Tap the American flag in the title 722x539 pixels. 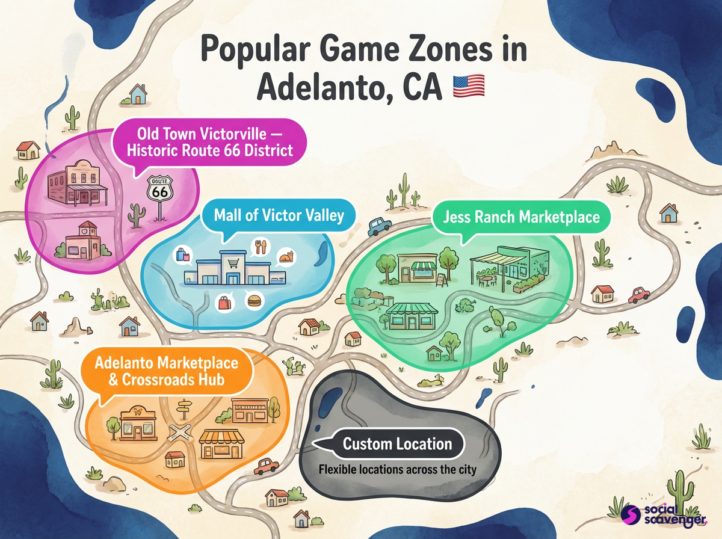coord(468,87)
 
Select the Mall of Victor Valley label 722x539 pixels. coord(279,215)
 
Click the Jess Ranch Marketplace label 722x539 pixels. coord(521,217)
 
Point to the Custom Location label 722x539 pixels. coord(397,445)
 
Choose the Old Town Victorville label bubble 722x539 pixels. coord(209,141)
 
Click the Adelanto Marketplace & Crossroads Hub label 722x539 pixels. coord(167,371)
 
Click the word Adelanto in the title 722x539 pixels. coord(319,87)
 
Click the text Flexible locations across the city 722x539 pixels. coord(397,469)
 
